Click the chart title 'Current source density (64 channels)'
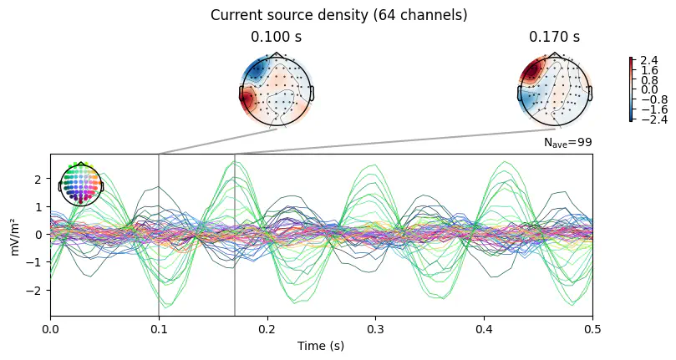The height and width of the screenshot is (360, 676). point(338,15)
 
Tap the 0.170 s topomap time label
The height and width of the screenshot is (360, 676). point(553,38)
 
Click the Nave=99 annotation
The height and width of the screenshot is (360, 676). point(567,143)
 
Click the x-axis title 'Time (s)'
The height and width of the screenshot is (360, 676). point(322,345)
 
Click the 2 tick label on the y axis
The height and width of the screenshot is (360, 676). point(38,179)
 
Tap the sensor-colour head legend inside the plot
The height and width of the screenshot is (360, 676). point(81,185)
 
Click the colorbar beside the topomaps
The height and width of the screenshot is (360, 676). point(632,89)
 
